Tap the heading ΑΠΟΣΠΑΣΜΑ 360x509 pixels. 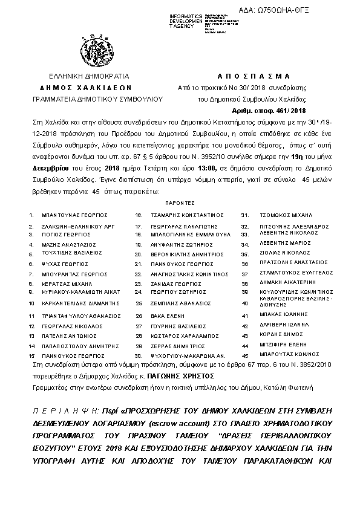[254, 77]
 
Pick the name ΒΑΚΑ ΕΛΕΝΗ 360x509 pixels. [167, 316]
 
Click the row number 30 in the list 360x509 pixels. [139, 355]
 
